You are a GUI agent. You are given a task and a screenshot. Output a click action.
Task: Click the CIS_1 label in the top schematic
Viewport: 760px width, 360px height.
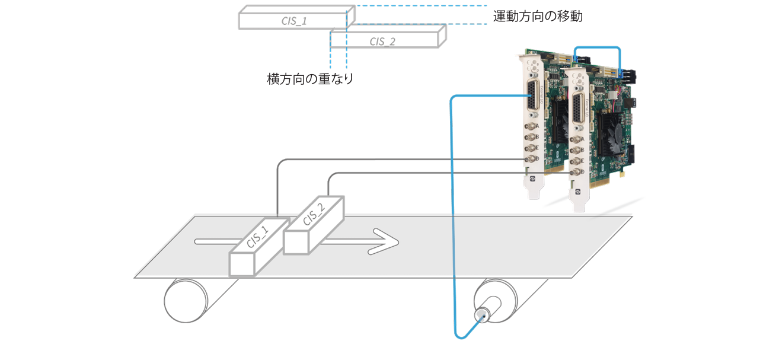coord(294,21)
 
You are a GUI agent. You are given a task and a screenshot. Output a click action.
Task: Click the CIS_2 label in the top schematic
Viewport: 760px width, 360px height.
coord(382,41)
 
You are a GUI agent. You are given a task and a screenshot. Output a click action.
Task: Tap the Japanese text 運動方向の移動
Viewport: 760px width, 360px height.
coord(538,17)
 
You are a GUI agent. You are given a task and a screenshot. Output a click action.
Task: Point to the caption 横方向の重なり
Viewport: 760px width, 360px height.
coord(310,79)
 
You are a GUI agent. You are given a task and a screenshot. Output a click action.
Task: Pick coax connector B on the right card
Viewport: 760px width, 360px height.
coord(575,151)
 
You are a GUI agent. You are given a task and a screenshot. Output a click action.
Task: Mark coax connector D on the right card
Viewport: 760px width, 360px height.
coord(574,173)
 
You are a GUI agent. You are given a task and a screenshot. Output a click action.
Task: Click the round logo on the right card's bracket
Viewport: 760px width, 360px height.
coord(577,191)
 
